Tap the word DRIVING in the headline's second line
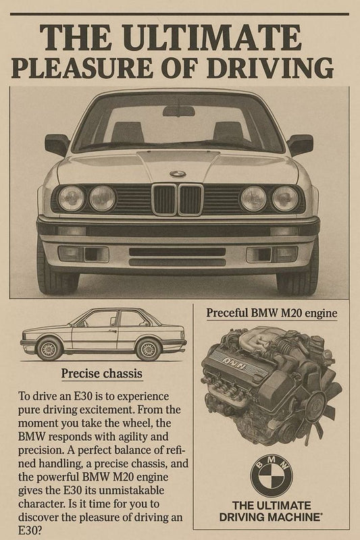point(269,67)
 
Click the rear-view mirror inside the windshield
point(179,111)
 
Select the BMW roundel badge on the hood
point(178,174)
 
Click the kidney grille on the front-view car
point(178,200)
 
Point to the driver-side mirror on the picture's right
point(300,144)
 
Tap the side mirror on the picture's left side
point(57,144)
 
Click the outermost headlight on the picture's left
point(72,198)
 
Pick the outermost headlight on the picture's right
point(285,198)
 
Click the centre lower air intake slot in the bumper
point(177,256)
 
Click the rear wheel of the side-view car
point(149,349)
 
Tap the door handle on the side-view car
point(113,331)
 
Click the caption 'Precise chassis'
point(101,373)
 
